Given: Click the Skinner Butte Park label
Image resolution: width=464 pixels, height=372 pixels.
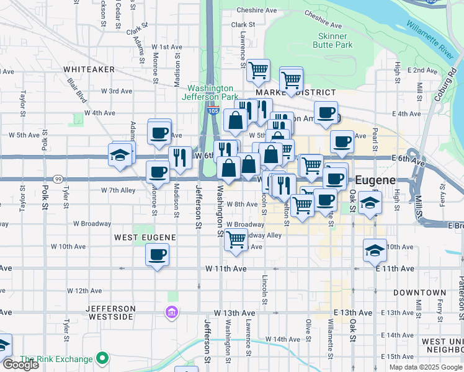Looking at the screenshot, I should click(x=334, y=40).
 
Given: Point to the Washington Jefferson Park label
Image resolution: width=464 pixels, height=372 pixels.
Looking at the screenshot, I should click(x=210, y=92).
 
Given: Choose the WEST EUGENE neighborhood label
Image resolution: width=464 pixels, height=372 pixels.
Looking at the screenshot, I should click(x=145, y=237).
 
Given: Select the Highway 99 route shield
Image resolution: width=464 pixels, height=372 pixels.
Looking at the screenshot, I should click(x=56, y=179).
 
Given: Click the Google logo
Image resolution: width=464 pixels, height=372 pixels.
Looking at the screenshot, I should click(x=20, y=365).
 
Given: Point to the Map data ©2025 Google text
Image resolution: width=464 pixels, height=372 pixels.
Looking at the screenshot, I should click(x=426, y=367).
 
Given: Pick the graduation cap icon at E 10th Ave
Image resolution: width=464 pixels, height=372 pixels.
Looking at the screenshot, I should click(x=375, y=250).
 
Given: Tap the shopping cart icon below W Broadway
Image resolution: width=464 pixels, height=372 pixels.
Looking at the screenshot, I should click(x=236, y=239).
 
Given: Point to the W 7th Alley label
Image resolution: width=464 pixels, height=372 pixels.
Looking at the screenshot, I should click(x=118, y=190).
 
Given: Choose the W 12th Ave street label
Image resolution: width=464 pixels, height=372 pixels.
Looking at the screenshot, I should click(x=84, y=290).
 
